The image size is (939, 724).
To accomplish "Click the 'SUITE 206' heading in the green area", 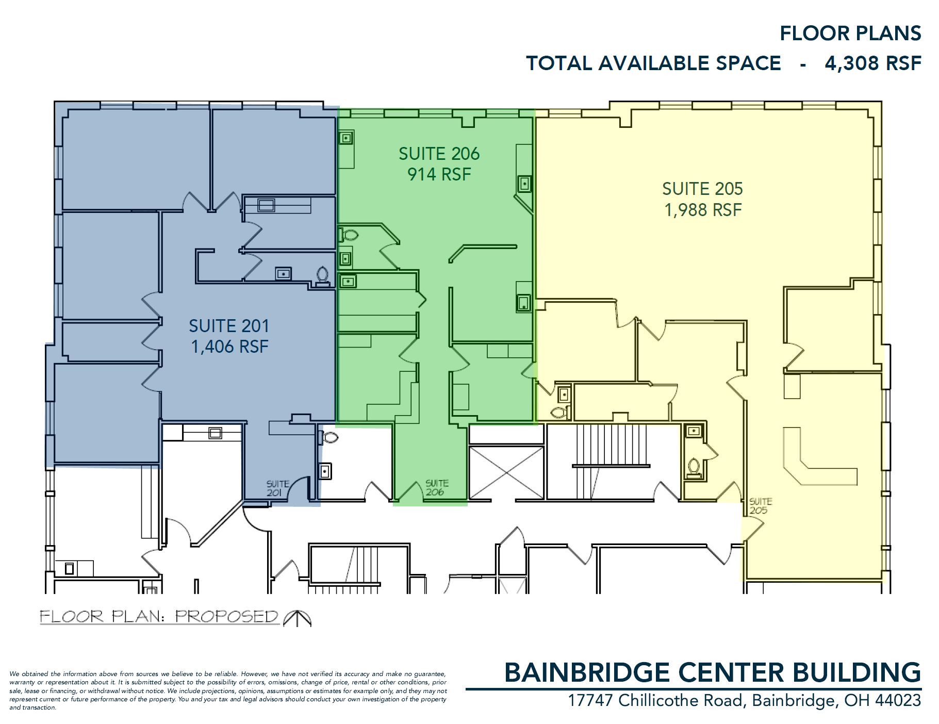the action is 439,154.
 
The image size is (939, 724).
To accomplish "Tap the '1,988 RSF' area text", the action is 703,210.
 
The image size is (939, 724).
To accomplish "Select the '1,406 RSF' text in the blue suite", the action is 229,347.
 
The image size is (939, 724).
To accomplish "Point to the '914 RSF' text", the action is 439,174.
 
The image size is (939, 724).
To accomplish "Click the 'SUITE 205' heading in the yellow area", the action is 702,189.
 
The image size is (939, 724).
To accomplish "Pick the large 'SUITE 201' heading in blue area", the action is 229,326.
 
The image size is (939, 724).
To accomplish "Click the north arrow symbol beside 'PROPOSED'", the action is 298,618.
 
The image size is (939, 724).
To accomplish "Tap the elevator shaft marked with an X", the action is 507,473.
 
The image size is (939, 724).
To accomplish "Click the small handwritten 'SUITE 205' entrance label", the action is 760,506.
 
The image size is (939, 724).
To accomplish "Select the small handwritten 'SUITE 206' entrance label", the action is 437,488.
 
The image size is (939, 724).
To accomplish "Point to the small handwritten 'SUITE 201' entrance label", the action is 278,488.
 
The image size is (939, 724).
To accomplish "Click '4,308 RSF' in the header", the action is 873,63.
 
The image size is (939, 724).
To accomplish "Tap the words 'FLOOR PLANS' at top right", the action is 850,33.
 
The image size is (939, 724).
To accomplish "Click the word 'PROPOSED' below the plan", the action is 227,617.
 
